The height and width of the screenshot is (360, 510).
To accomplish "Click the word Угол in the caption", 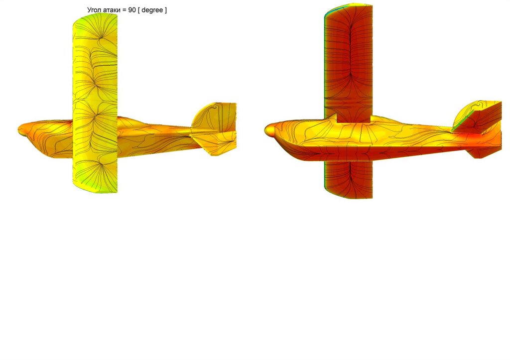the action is point(95,10).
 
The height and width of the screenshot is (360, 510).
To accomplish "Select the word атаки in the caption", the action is point(113,10).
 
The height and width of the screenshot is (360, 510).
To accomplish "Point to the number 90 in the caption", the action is point(131,10).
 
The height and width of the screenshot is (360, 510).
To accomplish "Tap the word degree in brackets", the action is point(152,10).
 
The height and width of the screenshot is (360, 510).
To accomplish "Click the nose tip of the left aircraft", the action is point(18,130).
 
